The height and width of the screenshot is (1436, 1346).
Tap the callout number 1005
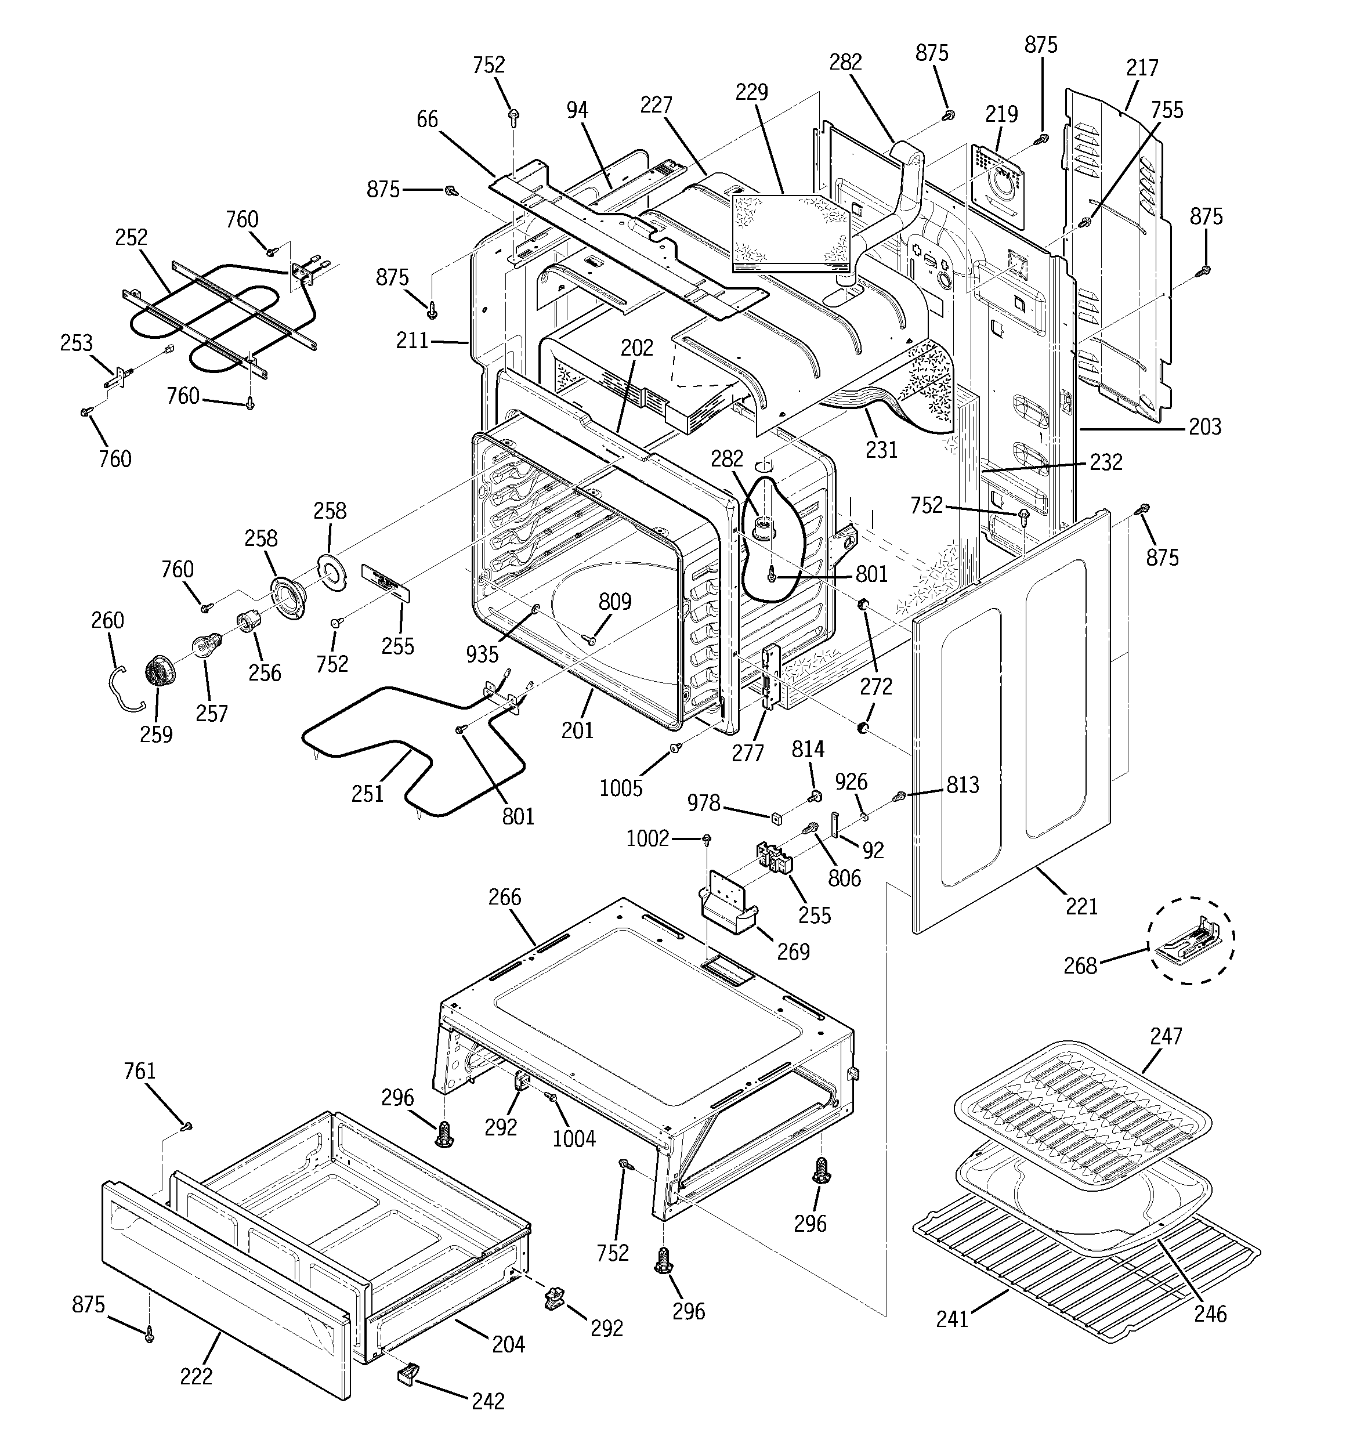tap(621, 787)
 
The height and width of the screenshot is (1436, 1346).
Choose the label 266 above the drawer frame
tap(504, 897)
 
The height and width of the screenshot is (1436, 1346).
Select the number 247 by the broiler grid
tap(1166, 1036)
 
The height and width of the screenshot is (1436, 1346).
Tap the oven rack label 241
tap(951, 1319)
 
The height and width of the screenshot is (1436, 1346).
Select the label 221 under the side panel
tap(1081, 906)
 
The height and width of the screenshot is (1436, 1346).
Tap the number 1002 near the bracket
tap(647, 838)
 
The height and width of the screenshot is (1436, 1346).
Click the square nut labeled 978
tap(777, 818)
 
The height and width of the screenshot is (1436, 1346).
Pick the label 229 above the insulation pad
tap(751, 92)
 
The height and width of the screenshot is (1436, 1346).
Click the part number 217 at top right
tap(1142, 68)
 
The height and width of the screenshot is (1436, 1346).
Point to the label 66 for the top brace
tap(427, 119)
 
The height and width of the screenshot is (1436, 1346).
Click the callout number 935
tap(482, 654)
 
